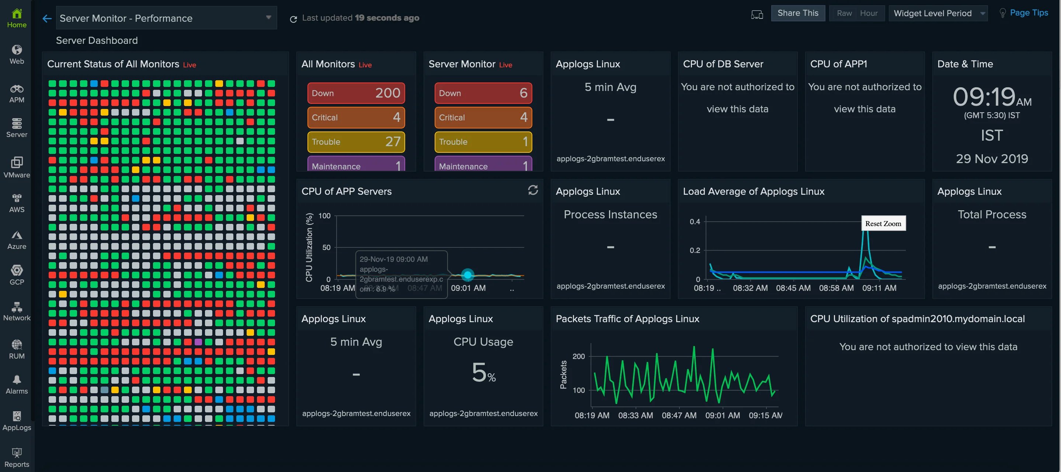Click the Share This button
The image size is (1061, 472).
797,13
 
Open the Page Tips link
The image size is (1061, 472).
1029,13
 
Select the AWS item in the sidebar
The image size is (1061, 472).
17,203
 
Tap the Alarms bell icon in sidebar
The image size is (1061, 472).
17,380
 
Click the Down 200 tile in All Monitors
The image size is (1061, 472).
356,93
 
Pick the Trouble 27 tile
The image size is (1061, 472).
356,141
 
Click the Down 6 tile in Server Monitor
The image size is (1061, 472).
483,93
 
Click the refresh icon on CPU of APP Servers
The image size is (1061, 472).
533,190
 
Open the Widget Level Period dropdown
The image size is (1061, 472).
937,13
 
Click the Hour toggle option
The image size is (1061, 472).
868,13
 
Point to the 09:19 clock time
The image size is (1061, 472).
984,97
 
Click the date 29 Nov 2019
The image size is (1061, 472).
991,159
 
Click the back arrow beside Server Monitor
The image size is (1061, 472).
47,18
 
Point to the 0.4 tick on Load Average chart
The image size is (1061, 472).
695,222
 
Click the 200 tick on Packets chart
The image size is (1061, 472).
578,356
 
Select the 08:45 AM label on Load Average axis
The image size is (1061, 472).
793,288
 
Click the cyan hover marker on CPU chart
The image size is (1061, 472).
467,275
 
